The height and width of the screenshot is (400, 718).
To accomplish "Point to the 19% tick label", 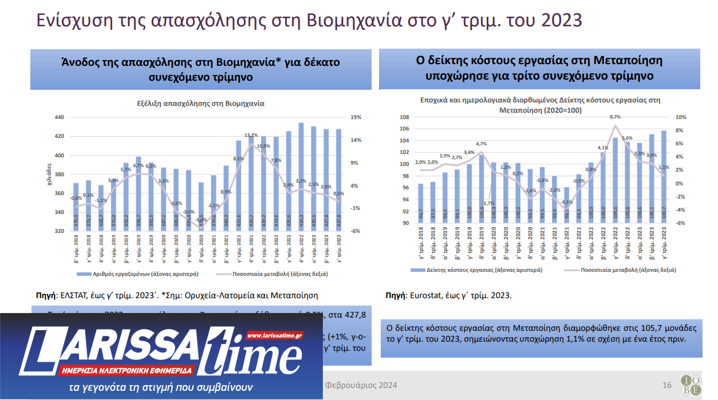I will pos(355,117).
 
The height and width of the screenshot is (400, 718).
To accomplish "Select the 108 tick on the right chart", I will pos(404,117).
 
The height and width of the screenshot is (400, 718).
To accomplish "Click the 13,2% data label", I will pos(251,136).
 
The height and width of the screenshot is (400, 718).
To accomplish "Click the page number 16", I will pos(666,385).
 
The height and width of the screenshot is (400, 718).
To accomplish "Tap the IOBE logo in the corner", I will pos(691,385).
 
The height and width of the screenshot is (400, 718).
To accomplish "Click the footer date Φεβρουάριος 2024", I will pos(361,385).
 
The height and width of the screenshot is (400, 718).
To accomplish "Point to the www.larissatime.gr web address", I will pos(274,335).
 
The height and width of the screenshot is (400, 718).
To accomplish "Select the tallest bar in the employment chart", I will pos(301,177).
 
